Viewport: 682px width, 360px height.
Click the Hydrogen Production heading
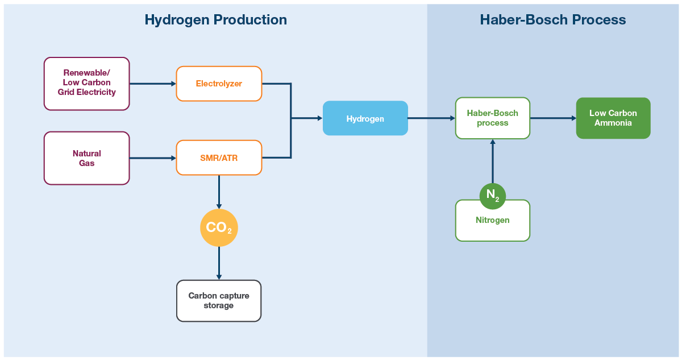pyautogui.click(x=215, y=20)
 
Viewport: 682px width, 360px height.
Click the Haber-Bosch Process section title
pyautogui.click(x=552, y=20)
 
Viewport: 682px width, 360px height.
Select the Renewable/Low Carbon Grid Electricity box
pyautogui.click(x=87, y=83)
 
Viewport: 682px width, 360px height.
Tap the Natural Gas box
pyautogui.click(x=87, y=158)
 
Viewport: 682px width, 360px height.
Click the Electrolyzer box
pyautogui.click(x=219, y=84)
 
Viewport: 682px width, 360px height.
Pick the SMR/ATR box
pyautogui.click(x=219, y=158)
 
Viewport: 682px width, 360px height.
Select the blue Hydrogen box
pyautogui.click(x=365, y=118)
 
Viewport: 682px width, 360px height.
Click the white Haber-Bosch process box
pyautogui.click(x=492, y=118)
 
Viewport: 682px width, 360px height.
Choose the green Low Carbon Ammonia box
pyautogui.click(x=613, y=118)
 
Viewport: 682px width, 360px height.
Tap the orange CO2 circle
pyautogui.click(x=219, y=227)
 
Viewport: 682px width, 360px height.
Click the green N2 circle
pyautogui.click(x=492, y=196)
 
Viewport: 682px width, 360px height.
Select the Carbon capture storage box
pyautogui.click(x=219, y=300)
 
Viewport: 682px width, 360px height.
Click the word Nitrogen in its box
pyautogui.click(x=492, y=220)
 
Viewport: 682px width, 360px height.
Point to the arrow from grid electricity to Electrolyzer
pyautogui.click(x=153, y=84)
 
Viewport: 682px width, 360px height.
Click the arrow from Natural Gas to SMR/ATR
pyautogui.click(x=153, y=158)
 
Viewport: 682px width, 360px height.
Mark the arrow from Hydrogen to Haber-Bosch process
pyautogui.click(x=431, y=118)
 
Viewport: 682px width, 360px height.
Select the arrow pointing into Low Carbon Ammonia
pyautogui.click(x=553, y=118)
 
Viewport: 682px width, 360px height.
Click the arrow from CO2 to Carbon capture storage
pyautogui.click(x=219, y=263)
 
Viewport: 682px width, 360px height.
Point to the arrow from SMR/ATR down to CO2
pyautogui.click(x=219, y=192)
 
